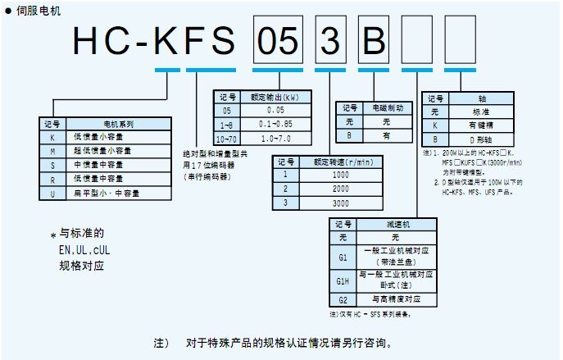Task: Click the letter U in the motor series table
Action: [x=53, y=193]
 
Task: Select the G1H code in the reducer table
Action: [x=344, y=280]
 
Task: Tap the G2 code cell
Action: [x=344, y=300]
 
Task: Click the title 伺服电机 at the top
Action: [x=32, y=7]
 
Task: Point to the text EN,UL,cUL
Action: [x=81, y=249]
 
